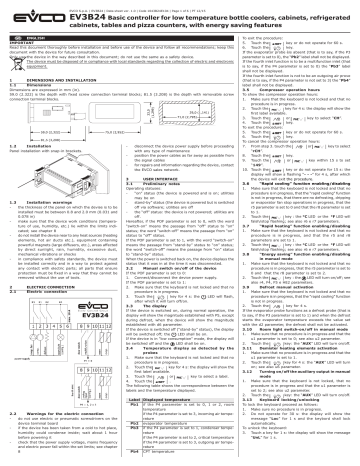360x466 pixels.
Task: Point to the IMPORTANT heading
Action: (x=21, y=45)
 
